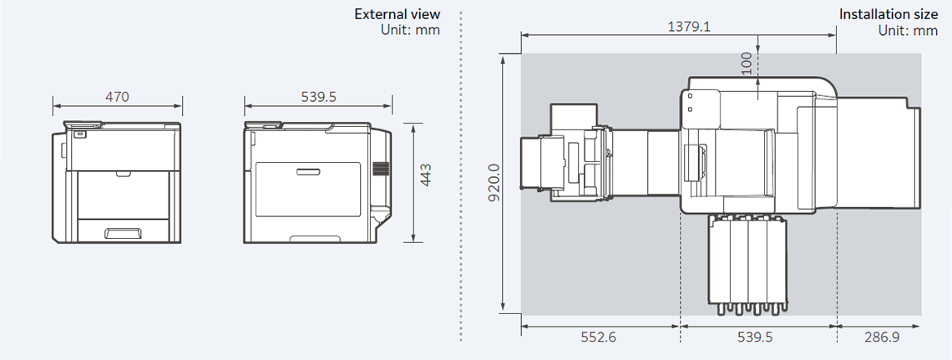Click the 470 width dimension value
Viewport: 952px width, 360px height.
[x=117, y=97]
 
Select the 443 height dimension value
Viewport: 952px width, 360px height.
[x=425, y=181]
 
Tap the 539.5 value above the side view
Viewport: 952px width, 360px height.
[x=318, y=97]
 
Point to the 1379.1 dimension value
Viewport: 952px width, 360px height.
[x=689, y=27]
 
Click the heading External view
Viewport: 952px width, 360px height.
[x=397, y=14]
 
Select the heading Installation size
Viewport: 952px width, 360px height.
[x=888, y=14]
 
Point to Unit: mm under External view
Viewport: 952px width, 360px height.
[x=409, y=30]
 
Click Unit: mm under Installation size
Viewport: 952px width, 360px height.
[x=908, y=30]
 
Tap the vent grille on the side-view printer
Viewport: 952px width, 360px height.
[x=381, y=169]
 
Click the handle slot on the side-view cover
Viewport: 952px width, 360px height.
[x=306, y=172]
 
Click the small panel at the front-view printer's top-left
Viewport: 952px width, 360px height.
[x=79, y=133]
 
